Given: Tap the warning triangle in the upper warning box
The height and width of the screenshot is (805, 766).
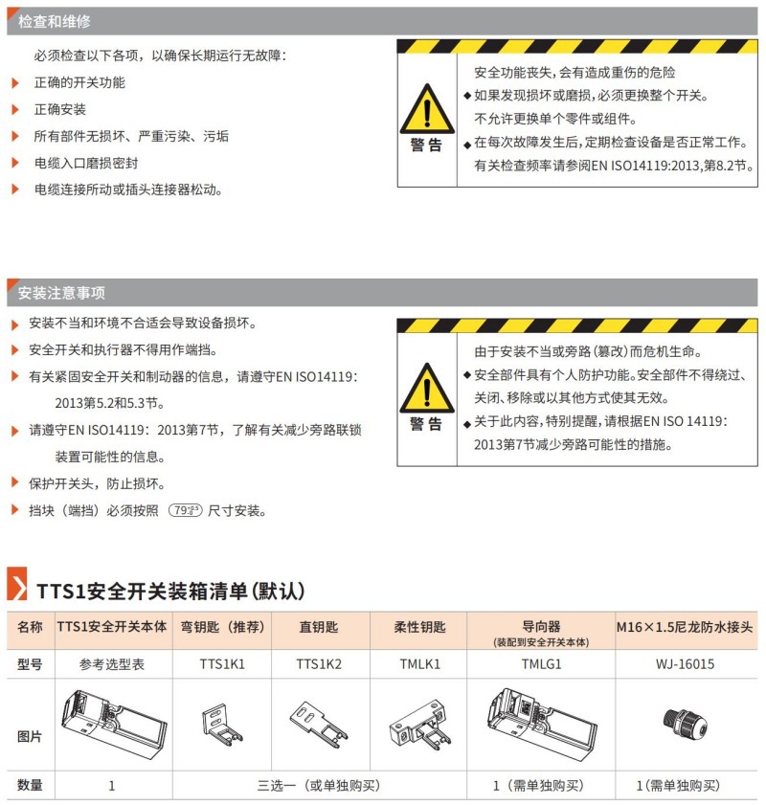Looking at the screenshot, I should click(x=427, y=108).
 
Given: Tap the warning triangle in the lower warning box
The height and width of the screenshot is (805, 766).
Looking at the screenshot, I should click(x=427, y=388).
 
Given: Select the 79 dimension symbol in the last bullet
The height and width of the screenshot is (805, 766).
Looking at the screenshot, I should click(x=185, y=511).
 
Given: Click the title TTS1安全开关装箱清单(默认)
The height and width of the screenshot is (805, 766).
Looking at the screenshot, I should click(x=169, y=588).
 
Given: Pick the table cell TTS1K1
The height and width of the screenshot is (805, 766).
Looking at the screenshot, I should click(x=222, y=662).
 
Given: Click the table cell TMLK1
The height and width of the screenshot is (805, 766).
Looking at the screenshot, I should click(x=419, y=662).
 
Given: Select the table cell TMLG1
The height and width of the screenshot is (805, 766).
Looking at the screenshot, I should click(x=540, y=662).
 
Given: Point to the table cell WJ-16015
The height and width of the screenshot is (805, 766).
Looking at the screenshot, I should click(x=686, y=662).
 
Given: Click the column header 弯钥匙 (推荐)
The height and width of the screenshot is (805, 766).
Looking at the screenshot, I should click(x=222, y=628).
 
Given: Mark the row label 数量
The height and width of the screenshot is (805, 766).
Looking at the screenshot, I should click(x=30, y=785).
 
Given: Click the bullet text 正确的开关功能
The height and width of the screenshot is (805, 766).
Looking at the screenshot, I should click(x=79, y=82).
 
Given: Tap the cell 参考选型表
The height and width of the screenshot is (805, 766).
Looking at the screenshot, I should click(x=112, y=662).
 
